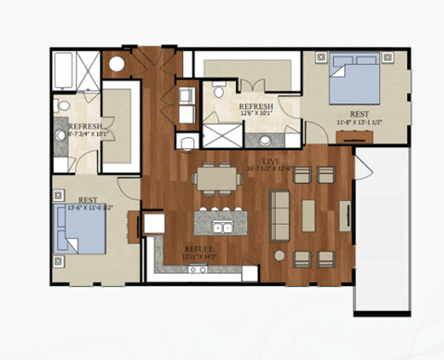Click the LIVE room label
point(255,162)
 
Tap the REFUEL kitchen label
point(199,250)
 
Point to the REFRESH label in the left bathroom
point(84,126)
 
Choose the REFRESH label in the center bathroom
point(256,108)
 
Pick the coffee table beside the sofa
point(308,215)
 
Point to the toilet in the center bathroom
point(219,91)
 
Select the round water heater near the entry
point(117,64)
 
